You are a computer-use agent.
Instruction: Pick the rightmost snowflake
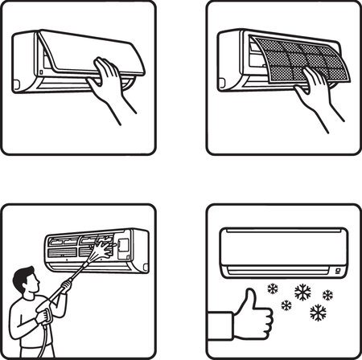[x=327, y=295]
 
